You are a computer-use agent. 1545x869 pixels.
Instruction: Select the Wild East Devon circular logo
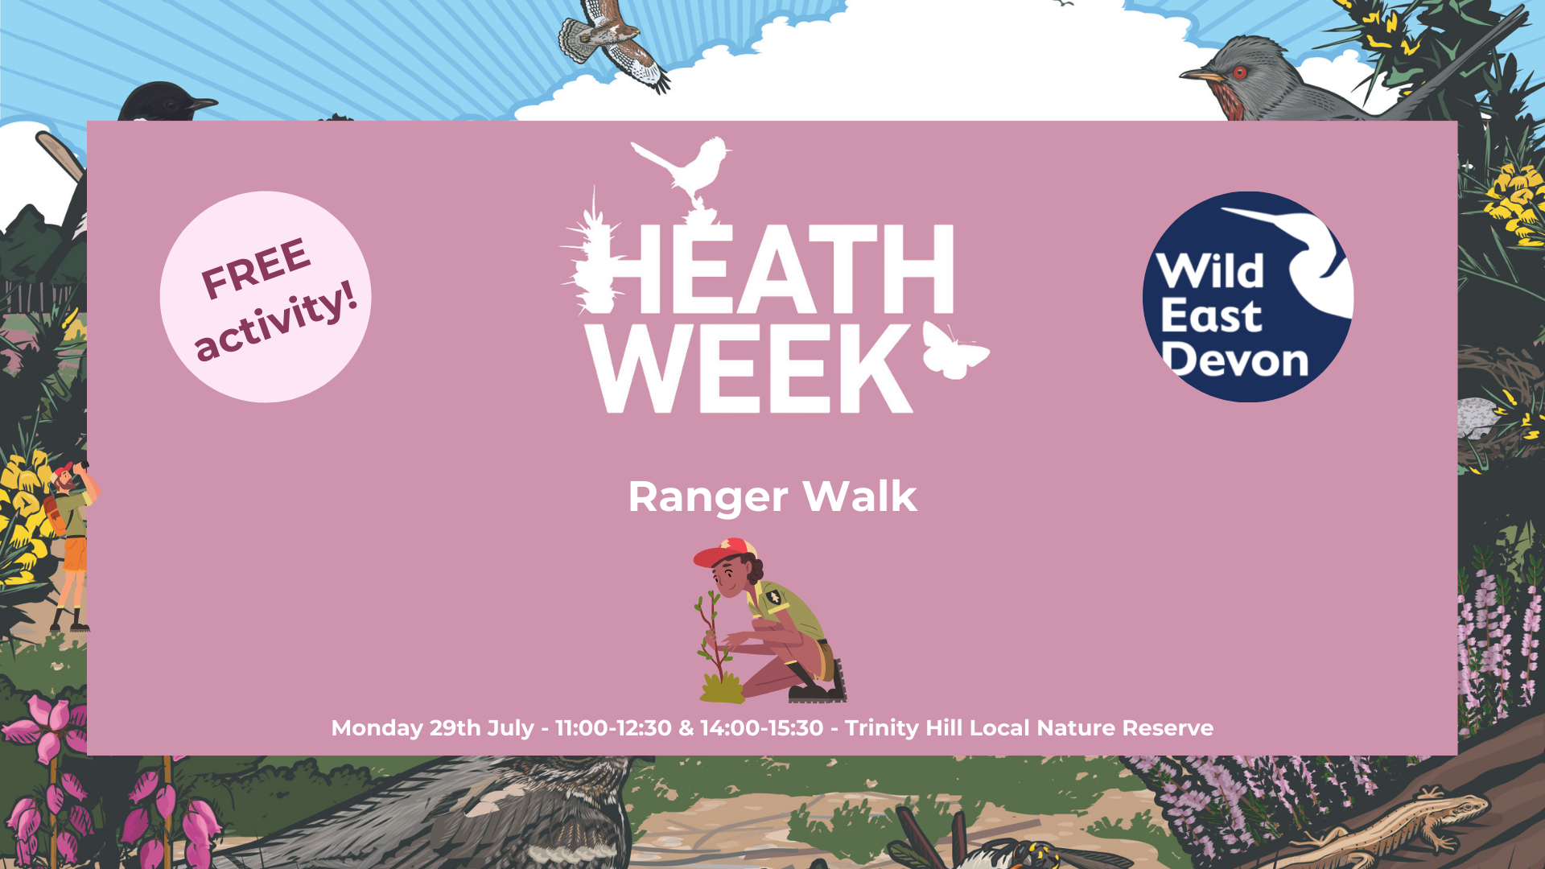coord(1248,297)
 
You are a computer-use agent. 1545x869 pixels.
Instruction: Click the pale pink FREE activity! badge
coord(266,297)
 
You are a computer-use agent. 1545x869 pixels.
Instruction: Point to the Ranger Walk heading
coord(772,496)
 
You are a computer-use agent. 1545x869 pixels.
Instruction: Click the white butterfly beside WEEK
coord(955,349)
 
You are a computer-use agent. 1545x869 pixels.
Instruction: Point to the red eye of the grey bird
coord(1239,72)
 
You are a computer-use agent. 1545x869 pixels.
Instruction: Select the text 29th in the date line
coord(455,727)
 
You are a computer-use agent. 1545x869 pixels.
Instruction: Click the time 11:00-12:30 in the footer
coord(613,727)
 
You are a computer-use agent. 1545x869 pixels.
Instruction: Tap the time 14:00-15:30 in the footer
coord(761,727)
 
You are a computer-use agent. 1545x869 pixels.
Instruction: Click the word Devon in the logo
coord(1236,360)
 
